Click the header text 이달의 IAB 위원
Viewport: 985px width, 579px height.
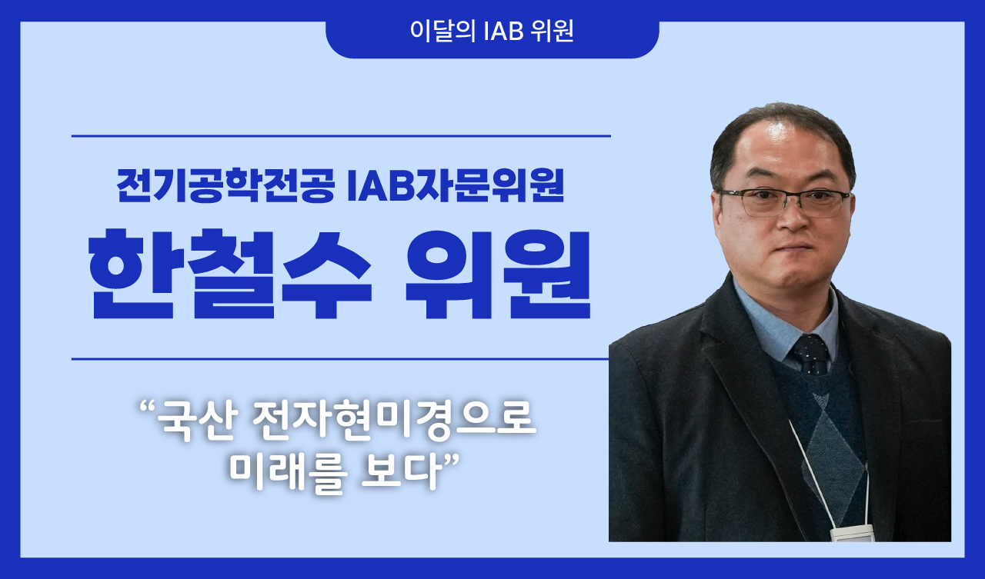pos(492,31)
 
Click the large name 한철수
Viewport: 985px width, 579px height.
pos(230,275)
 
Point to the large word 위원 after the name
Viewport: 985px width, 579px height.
pos(498,275)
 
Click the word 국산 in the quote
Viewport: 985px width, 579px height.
pos(197,421)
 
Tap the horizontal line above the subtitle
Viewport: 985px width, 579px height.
pos(341,136)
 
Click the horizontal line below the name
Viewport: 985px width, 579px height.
pos(340,359)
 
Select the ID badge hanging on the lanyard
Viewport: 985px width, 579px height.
pos(851,534)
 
